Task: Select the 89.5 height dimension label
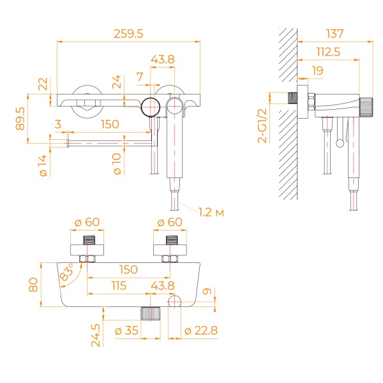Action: (x=20, y=118)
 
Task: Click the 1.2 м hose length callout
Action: (x=211, y=212)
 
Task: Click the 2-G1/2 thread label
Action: (x=263, y=124)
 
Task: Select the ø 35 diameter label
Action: (x=126, y=331)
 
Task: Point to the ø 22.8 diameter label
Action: (x=200, y=331)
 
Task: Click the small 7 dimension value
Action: (x=140, y=77)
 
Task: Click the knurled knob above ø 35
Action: (x=151, y=313)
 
